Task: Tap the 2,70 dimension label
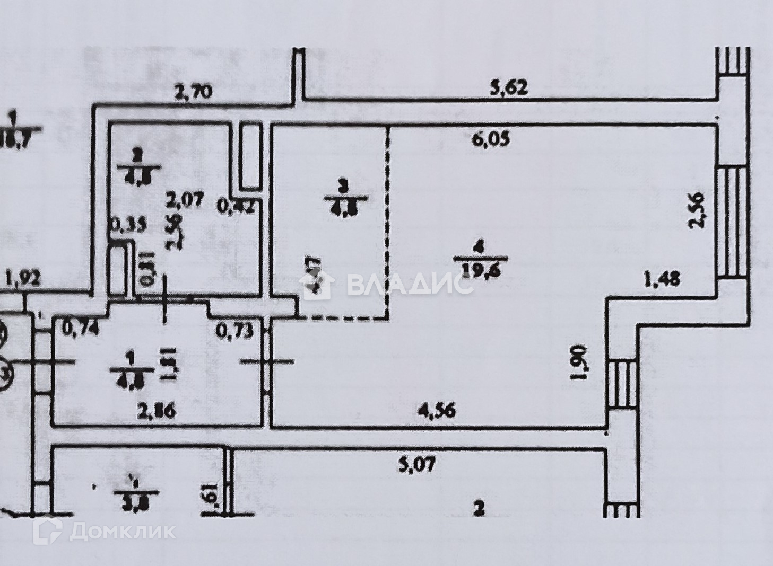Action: point(194,92)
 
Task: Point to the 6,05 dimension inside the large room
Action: point(488,140)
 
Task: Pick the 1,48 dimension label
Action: point(661,279)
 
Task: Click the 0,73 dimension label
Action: point(233,331)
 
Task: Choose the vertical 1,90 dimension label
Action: point(581,361)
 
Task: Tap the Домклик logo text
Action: point(123,530)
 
